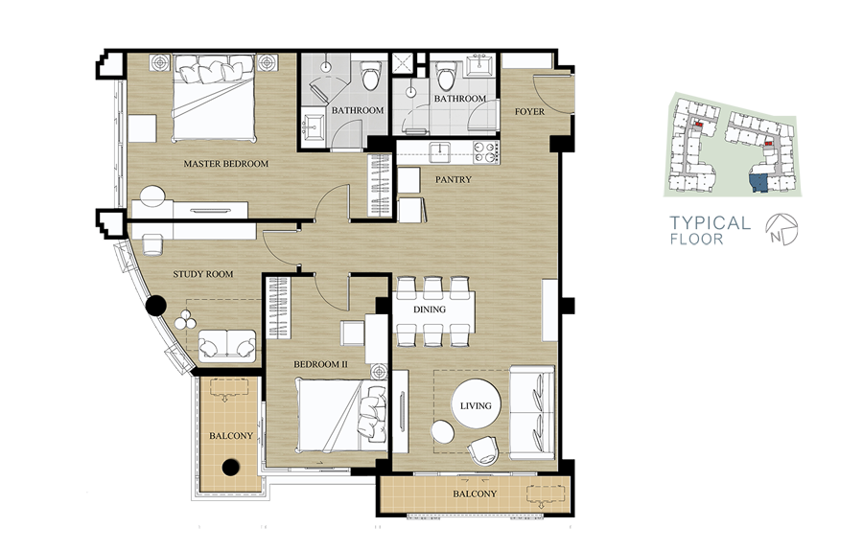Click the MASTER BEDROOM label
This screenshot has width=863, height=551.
click(x=225, y=164)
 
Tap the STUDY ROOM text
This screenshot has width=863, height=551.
click(x=203, y=274)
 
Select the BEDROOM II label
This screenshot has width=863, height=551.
click(x=320, y=364)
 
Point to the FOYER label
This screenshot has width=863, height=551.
click(x=529, y=111)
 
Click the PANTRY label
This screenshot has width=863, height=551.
click(x=453, y=179)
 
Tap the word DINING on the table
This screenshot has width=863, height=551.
click(x=430, y=310)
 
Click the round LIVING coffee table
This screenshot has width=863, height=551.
click(x=476, y=406)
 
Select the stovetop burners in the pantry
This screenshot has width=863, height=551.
click(x=485, y=152)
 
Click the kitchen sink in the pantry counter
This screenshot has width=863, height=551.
click(x=440, y=150)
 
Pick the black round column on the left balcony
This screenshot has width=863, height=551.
click(x=231, y=468)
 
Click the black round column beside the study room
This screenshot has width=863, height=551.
click(x=156, y=306)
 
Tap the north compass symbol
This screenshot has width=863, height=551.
click(x=781, y=229)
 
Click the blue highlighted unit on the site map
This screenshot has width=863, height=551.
click(x=759, y=183)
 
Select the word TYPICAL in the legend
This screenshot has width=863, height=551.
click(x=710, y=222)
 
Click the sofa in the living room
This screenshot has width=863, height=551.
click(x=532, y=412)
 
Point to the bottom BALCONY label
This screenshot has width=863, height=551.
click(x=475, y=494)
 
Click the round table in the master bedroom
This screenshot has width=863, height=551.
click(x=152, y=196)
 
